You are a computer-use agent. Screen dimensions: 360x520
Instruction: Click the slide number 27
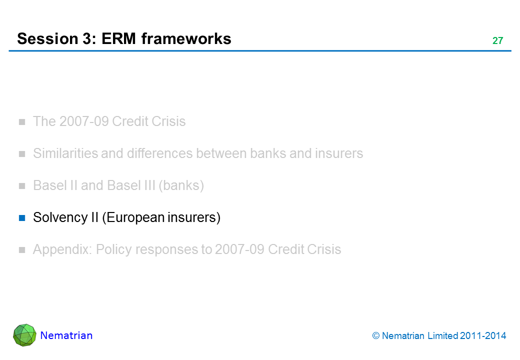coord(497,41)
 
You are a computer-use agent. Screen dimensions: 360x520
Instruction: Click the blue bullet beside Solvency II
coord(22,218)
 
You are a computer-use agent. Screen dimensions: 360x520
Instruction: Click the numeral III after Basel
coord(147,186)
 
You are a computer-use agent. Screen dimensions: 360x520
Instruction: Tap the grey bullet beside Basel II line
coord(22,186)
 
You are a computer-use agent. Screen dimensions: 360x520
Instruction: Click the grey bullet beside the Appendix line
coord(22,250)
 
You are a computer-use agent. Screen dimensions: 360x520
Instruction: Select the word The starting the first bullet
coord(43,121)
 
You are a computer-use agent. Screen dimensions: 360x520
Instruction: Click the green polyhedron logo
coord(24,335)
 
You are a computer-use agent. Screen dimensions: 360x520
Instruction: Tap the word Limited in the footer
coord(442,336)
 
